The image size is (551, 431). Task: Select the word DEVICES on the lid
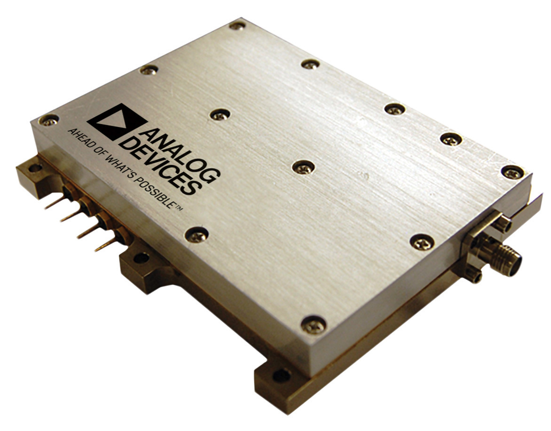coord(158,165)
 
